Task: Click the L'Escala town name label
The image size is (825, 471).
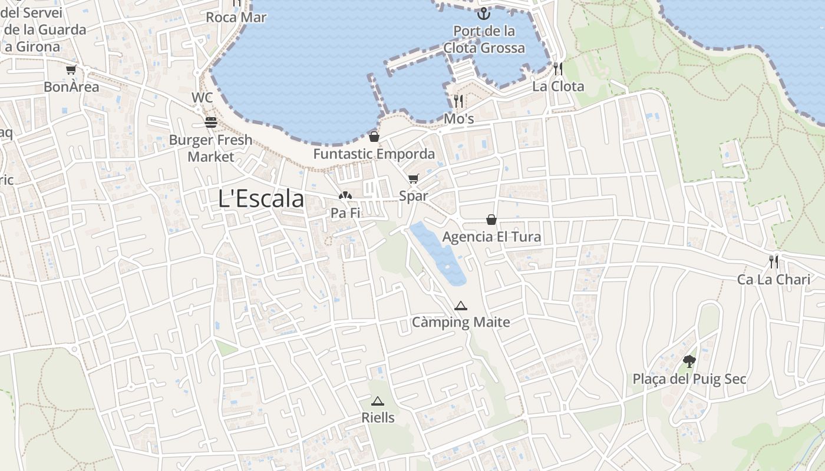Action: pyautogui.click(x=261, y=199)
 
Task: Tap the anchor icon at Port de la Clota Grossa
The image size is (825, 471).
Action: pyautogui.click(x=484, y=13)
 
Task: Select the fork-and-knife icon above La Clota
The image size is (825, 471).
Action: pyautogui.click(x=557, y=69)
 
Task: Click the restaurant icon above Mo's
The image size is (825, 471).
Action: pyautogui.click(x=458, y=101)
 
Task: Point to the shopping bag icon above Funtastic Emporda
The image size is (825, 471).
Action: pyautogui.click(x=374, y=137)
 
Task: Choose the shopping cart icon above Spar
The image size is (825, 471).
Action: pyautogui.click(x=413, y=179)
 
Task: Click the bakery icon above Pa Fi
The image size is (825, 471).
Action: pyautogui.click(x=345, y=196)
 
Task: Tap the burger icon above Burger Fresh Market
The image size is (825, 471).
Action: pyautogui.click(x=211, y=122)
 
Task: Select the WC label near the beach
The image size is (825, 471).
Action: pyautogui.click(x=202, y=97)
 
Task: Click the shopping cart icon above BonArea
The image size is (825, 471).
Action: pyautogui.click(x=71, y=70)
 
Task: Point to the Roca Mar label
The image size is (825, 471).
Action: pyautogui.click(x=236, y=17)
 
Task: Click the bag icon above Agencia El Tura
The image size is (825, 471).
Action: pyautogui.click(x=491, y=220)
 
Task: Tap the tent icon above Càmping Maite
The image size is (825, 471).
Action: pyautogui.click(x=461, y=306)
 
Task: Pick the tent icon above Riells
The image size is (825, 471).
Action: pyautogui.click(x=378, y=401)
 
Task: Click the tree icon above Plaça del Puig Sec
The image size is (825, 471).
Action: pyautogui.click(x=689, y=361)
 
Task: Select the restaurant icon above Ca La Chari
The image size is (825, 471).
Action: pyautogui.click(x=774, y=261)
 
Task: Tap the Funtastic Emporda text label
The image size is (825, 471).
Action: pyautogui.click(x=374, y=154)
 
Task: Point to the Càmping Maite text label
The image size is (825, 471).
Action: pyautogui.click(x=461, y=322)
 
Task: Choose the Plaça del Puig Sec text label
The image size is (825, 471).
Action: pyautogui.click(x=689, y=379)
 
